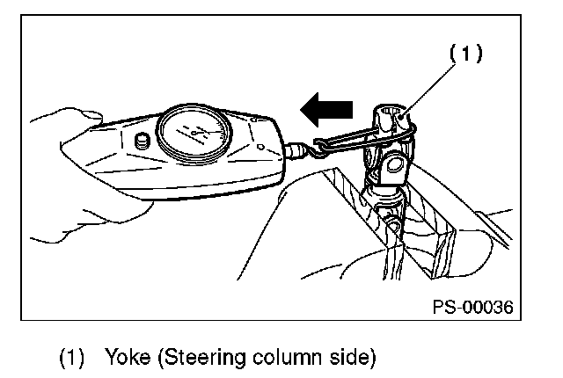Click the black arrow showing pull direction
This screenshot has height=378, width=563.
pos(327,108)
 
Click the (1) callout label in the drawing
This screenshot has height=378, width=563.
pos(467,54)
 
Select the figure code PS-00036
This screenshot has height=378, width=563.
pos(472,307)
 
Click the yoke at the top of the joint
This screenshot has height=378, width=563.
pos(393,121)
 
